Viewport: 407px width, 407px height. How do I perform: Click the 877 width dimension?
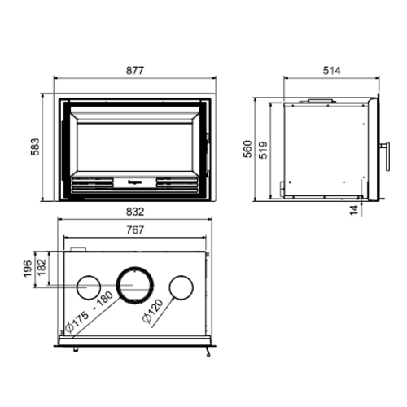pyautogui.click(x=136, y=71)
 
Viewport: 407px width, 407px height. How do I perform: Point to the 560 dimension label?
pyautogui.click(x=246, y=149)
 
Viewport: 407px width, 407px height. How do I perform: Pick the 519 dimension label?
pyautogui.click(x=263, y=149)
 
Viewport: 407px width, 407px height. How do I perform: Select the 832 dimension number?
pyautogui.click(x=136, y=212)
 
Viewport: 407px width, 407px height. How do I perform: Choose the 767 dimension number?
pyautogui.click(x=135, y=231)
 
